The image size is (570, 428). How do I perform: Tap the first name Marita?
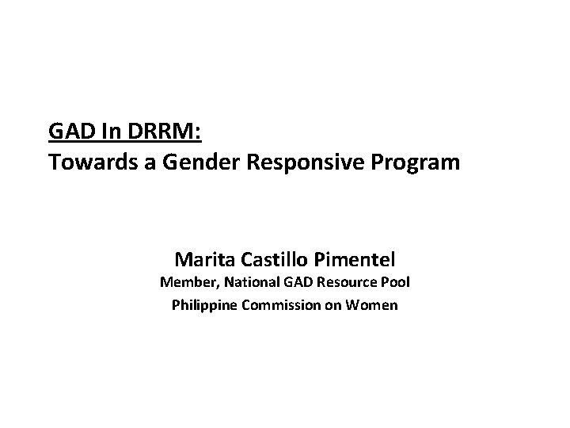point(201,259)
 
